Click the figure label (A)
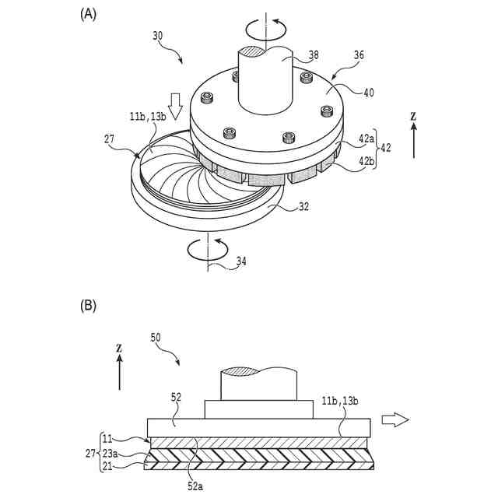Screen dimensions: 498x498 (89, 13)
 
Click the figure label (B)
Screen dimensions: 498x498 (89, 306)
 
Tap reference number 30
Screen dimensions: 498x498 (158, 35)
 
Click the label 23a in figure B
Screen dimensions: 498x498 (111, 453)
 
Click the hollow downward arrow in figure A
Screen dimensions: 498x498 (175, 105)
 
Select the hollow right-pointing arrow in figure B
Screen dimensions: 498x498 (395, 420)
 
